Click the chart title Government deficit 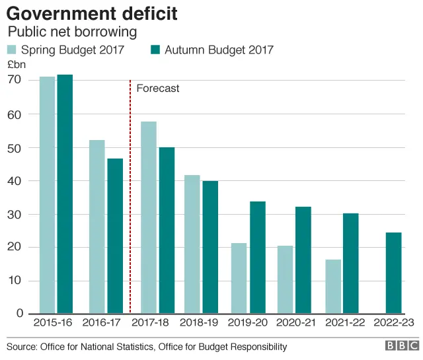[x=92, y=13]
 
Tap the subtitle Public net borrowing [x=72, y=32]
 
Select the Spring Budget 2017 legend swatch [x=12, y=50]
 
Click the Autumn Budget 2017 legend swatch [x=156, y=50]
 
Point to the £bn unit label [x=15, y=65]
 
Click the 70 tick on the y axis [x=15, y=80]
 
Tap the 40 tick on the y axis [x=15, y=180]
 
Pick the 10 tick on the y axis [x=15, y=280]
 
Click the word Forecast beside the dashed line [x=157, y=88]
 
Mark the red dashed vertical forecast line [x=130, y=198]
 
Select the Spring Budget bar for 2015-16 [x=48, y=195]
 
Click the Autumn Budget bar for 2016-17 [x=115, y=236]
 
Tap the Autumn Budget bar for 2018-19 [x=210, y=247]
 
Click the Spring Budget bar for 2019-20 [x=239, y=278]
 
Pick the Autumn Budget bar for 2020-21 [x=303, y=260]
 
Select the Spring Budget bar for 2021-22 [x=333, y=286]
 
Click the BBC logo [x=401, y=345]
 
